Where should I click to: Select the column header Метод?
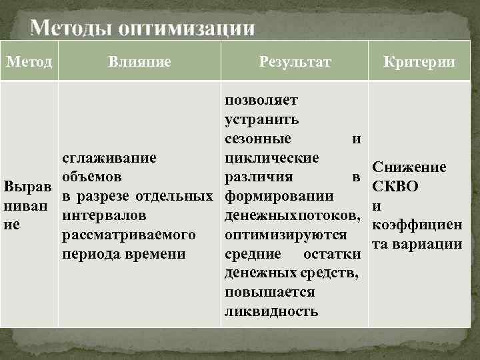click(29, 61)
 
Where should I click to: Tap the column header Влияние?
click(139, 62)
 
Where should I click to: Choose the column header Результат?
click(294, 62)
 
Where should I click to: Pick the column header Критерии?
click(419, 62)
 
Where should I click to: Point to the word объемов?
click(91, 177)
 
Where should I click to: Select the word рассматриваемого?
click(128, 235)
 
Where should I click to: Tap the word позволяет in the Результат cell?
click(261, 100)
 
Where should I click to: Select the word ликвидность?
click(271, 312)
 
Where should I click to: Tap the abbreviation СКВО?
click(395, 186)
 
